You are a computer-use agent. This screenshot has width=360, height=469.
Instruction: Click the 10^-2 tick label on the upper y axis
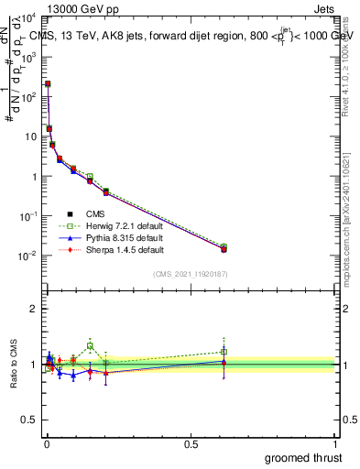click(28, 256)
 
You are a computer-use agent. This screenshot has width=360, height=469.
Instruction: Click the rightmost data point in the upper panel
click(224, 248)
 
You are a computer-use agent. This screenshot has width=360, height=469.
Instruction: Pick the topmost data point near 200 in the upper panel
click(48, 83)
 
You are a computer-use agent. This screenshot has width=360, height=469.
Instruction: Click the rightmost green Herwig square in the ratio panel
click(224, 352)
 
